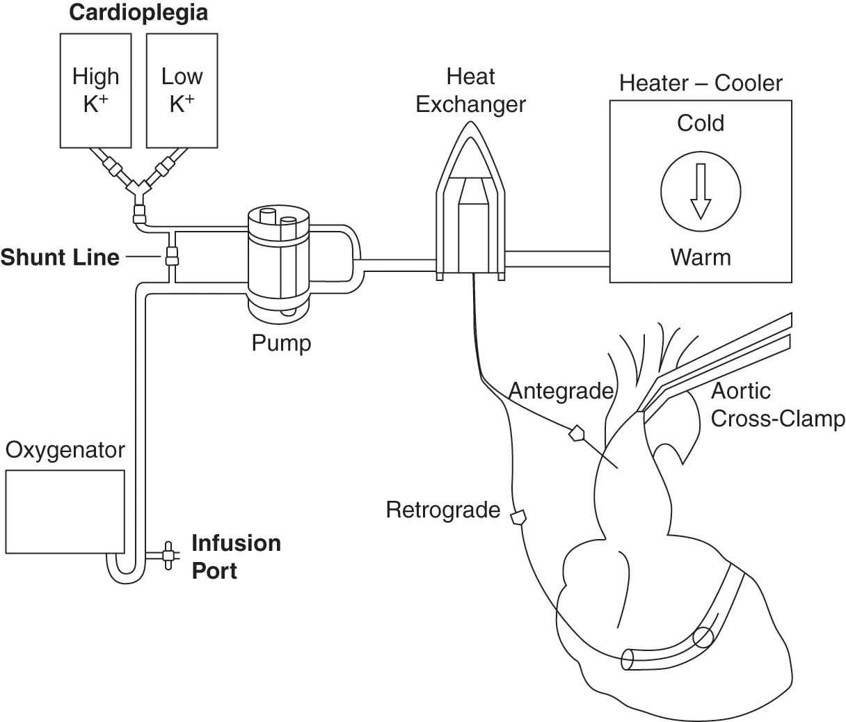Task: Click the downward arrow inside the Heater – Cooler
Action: tap(701, 191)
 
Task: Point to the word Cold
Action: tap(701, 123)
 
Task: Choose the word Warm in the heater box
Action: tap(701, 257)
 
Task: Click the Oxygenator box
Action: tap(65, 511)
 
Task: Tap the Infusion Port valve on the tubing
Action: tap(168, 555)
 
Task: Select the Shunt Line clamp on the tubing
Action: tap(172, 256)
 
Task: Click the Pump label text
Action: tap(281, 342)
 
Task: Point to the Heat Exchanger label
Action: tap(470, 90)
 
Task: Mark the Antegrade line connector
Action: tap(577, 435)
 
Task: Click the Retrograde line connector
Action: tap(518, 517)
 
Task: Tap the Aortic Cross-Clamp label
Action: tap(777, 405)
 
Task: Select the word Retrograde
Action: tap(443, 510)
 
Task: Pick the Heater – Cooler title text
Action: tap(701, 83)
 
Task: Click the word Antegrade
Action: tap(561, 391)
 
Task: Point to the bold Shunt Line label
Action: tap(60, 257)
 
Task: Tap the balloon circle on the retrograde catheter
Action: tap(703, 638)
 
